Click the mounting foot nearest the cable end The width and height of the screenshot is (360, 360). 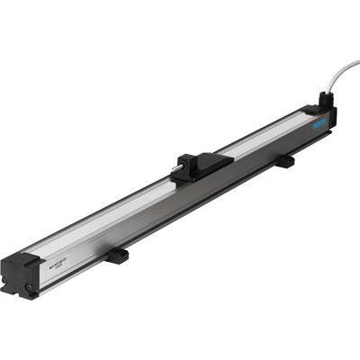tap(284, 161)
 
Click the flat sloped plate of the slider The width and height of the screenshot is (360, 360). tap(212, 163)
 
